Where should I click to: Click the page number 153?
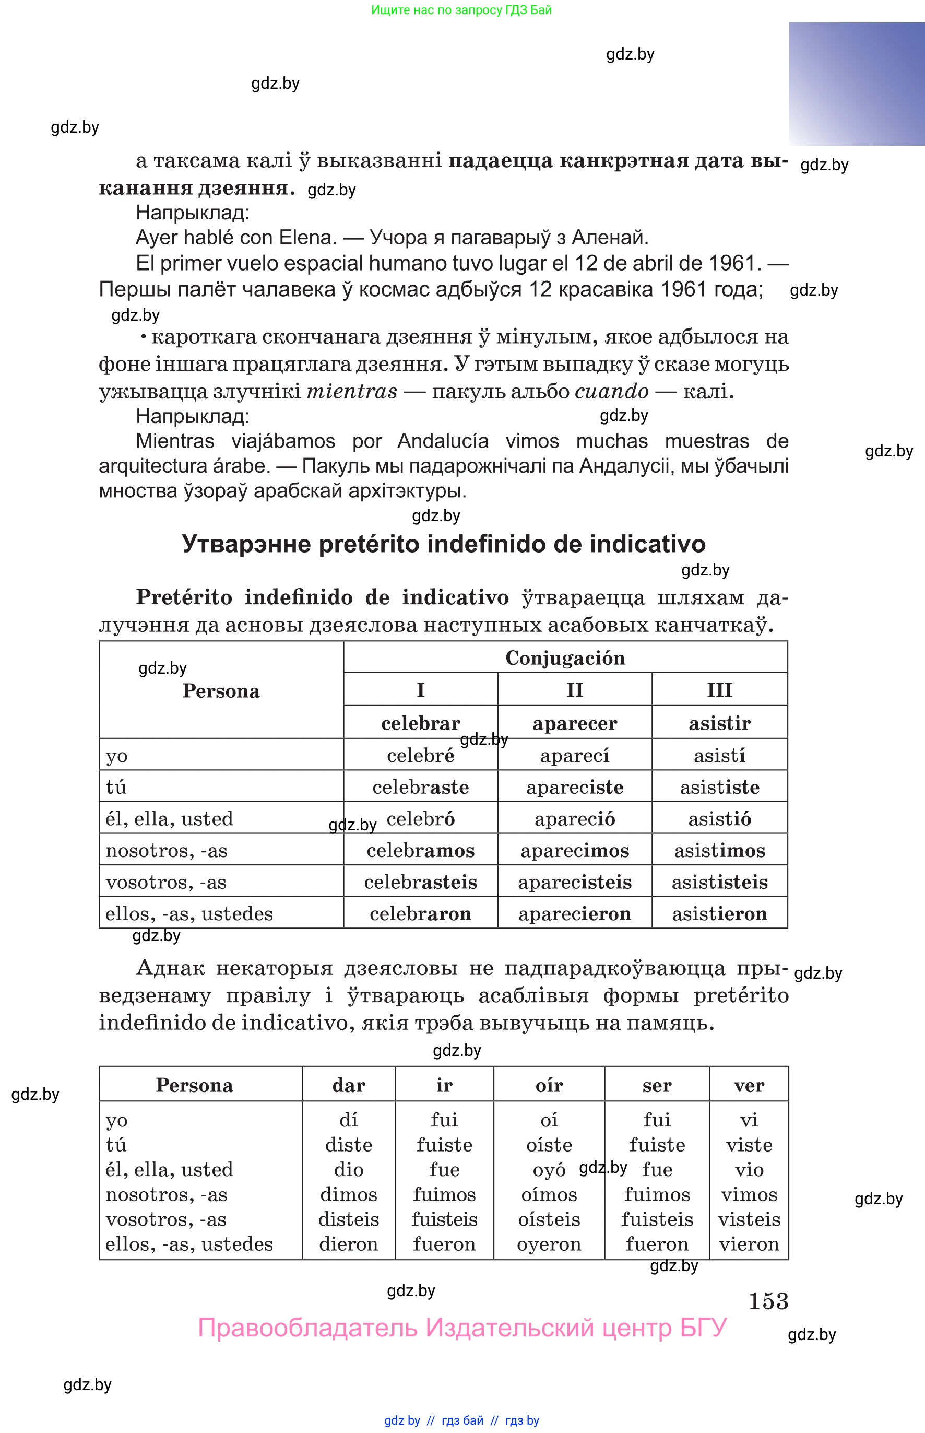pyautogui.click(x=768, y=1301)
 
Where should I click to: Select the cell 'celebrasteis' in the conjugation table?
pyautogui.click(x=420, y=882)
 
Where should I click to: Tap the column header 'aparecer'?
pyautogui.click(x=574, y=723)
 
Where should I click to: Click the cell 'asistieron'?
pyautogui.click(x=719, y=914)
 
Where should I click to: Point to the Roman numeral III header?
pyautogui.click(x=719, y=690)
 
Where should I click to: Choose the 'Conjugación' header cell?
pyautogui.click(x=565, y=658)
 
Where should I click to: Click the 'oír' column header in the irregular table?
pyautogui.click(x=549, y=1085)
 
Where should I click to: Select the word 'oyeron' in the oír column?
pyautogui.click(x=549, y=1244)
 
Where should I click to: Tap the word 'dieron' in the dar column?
pyautogui.click(x=348, y=1244)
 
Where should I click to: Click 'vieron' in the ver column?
pyautogui.click(x=749, y=1244)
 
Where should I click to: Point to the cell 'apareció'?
pyautogui.click(x=574, y=819)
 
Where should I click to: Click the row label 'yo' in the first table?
pyautogui.click(x=116, y=756)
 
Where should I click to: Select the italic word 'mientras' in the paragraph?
pyautogui.click(x=352, y=391)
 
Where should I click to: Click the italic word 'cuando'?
pyautogui.click(x=611, y=391)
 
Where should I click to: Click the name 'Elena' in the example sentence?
pyautogui.click(x=307, y=237)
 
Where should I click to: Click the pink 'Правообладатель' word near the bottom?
pyautogui.click(x=307, y=1328)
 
